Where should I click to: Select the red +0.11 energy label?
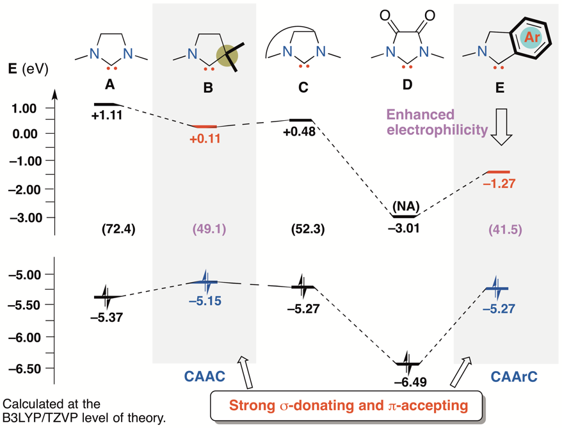tap(205, 138)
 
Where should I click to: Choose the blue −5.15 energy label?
tap(204, 300)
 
